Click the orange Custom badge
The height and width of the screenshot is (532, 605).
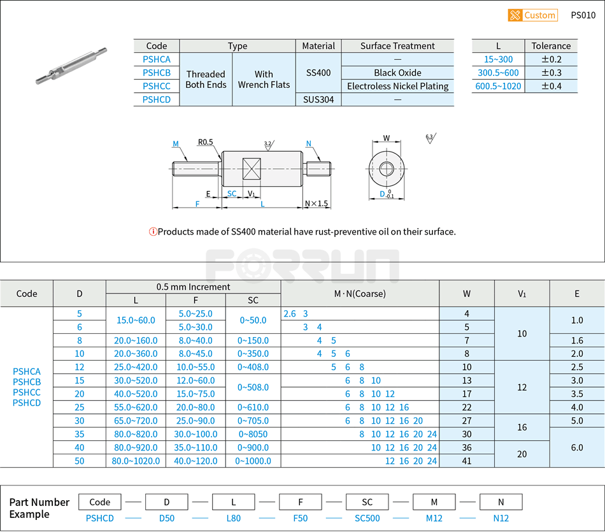pos(532,15)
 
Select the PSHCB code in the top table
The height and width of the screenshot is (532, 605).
pos(157,73)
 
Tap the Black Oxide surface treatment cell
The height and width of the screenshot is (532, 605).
pos(397,73)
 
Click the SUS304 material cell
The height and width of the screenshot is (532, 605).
pos(318,99)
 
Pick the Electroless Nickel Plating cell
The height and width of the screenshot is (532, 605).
pos(397,86)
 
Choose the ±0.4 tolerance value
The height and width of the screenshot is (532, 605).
pos(551,86)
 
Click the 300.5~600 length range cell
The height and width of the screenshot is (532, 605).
pos(498,73)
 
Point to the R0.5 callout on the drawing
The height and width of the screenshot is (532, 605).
pos(205,142)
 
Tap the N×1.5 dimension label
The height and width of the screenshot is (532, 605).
pos(317,204)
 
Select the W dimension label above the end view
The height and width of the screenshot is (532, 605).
pos(387,138)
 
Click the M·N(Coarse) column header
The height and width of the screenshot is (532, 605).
pos(360,294)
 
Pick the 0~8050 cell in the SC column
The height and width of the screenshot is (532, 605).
pos(253,434)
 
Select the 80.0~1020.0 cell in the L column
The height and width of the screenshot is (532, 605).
pos(136,461)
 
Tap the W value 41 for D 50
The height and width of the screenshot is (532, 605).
pos(467,461)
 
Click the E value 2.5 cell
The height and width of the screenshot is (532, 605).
pos(577,367)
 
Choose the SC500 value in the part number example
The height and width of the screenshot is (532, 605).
pos(367,518)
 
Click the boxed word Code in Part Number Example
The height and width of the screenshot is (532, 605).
pos(100,502)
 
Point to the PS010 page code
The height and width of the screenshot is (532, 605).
pos(583,15)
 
